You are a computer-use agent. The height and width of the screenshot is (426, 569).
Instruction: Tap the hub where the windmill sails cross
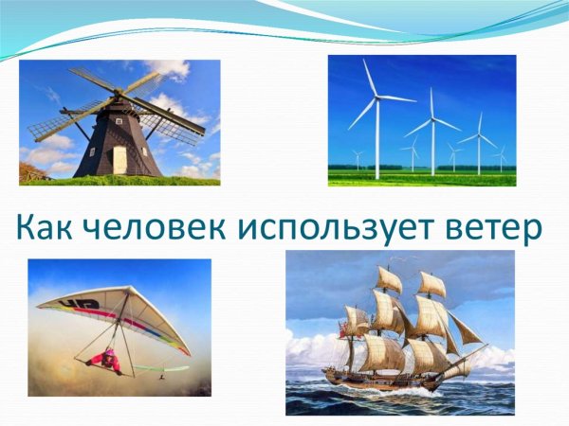pos(118,97)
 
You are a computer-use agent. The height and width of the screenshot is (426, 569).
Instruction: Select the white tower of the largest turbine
pos(376,142)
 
